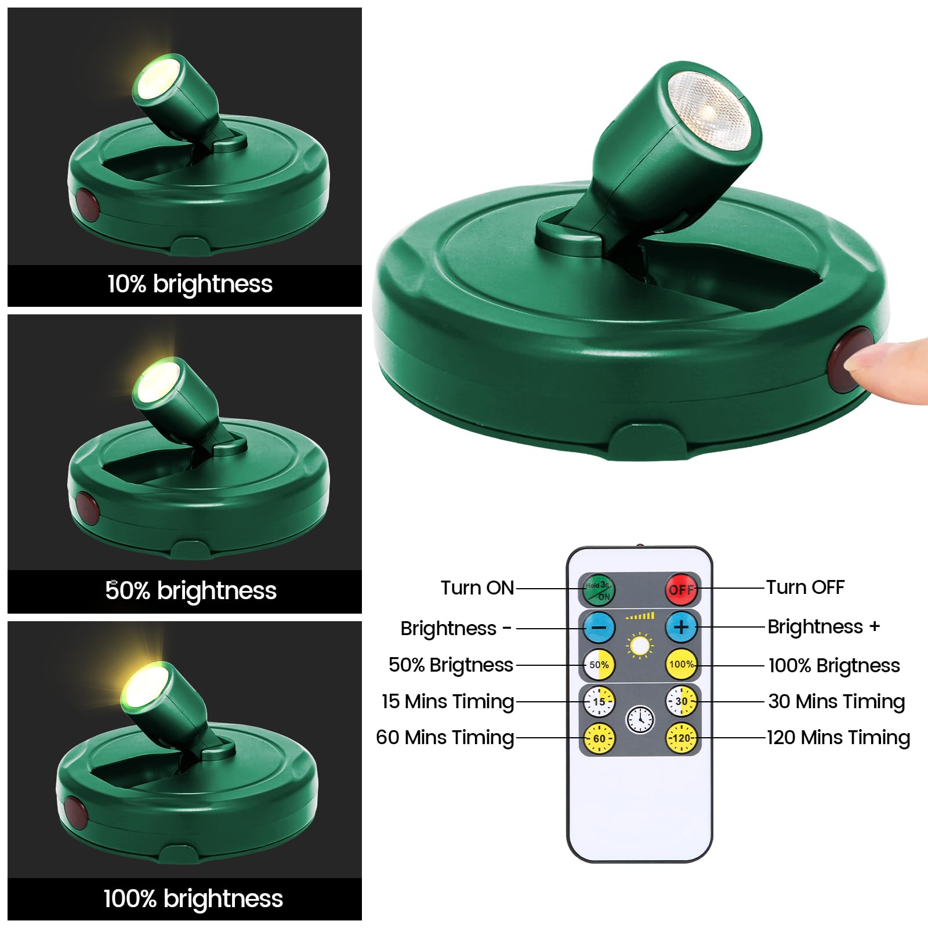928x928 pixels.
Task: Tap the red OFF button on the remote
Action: click(681, 589)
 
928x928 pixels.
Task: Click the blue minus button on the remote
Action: click(599, 628)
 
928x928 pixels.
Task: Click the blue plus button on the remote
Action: click(681, 627)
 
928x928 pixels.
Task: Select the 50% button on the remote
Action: click(599, 665)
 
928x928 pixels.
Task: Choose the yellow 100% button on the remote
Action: click(681, 665)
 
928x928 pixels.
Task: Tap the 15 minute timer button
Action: click(599, 701)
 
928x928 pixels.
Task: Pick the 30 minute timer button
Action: click(681, 701)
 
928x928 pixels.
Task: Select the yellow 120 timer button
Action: click(681, 738)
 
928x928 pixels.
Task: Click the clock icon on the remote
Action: click(640, 720)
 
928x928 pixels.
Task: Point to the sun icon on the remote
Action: click(640, 646)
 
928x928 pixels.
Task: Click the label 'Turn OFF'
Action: click(805, 587)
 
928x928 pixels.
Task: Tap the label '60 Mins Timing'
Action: click(445, 737)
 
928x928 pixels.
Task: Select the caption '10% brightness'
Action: click(190, 284)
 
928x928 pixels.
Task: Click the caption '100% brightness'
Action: click(193, 898)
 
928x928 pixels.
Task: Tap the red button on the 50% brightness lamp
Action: click(86, 509)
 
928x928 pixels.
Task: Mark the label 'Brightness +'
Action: click(824, 626)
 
